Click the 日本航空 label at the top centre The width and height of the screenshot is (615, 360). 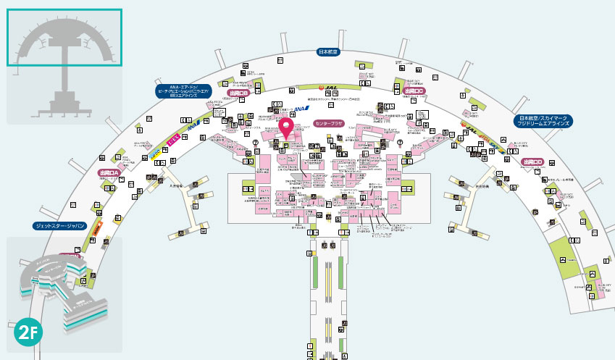tap(327, 51)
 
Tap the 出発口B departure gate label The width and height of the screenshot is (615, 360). tap(238, 93)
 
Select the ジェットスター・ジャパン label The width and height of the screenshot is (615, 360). tap(60, 226)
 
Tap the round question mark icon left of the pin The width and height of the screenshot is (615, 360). tap(255, 143)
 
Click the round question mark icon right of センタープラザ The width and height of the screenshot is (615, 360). tap(400, 143)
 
